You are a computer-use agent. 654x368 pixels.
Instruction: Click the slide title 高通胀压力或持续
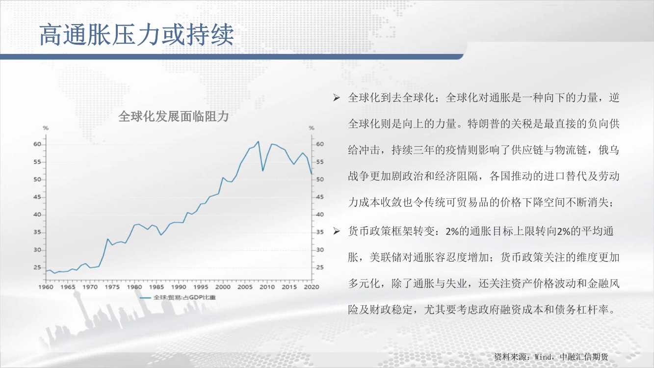pyautogui.click(x=137, y=35)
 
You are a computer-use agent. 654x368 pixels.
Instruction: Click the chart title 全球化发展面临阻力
pyautogui.click(x=173, y=117)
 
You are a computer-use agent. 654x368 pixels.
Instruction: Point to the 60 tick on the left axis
pyautogui.click(x=37, y=144)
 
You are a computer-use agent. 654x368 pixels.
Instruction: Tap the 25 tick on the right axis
pyautogui.click(x=320, y=267)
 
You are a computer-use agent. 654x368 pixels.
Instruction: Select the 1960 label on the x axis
pyautogui.click(x=46, y=287)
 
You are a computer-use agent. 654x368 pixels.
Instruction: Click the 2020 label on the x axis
pyautogui.click(x=312, y=287)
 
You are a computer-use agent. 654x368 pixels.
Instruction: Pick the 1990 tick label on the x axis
pyautogui.click(x=179, y=287)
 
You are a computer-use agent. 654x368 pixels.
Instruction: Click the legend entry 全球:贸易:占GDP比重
pyautogui.click(x=184, y=298)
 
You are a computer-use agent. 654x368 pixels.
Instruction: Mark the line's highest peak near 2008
pyautogui.click(x=258, y=142)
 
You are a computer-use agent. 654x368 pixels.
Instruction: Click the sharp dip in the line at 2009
pyautogui.click(x=263, y=171)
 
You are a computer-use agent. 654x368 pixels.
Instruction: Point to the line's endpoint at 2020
pyautogui.click(x=312, y=174)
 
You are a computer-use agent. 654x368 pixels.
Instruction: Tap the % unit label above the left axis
pyautogui.click(x=46, y=128)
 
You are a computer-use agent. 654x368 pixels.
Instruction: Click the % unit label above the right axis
pyautogui.click(x=312, y=128)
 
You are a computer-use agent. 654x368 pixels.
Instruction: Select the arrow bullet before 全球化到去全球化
pyautogui.click(x=337, y=98)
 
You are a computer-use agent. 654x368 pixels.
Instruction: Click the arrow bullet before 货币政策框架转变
pyautogui.click(x=337, y=231)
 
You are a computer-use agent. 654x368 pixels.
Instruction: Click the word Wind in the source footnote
pyautogui.click(x=543, y=357)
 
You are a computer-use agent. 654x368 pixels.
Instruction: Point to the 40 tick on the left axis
pyautogui.click(x=37, y=215)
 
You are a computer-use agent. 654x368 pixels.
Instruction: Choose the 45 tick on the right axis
pyautogui.click(x=320, y=197)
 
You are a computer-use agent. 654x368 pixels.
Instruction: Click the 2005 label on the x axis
pyautogui.click(x=245, y=287)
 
